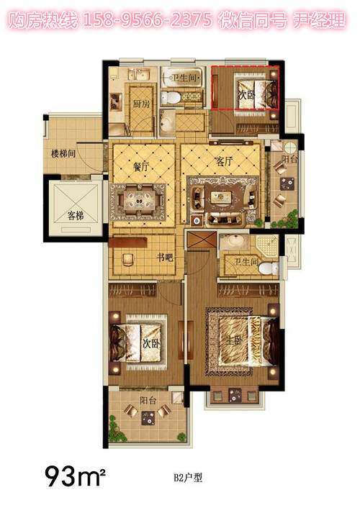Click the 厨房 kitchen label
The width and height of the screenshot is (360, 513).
click(x=141, y=104)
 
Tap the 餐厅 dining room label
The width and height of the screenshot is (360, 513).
click(x=141, y=167)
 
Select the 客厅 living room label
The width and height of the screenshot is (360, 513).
click(x=224, y=161)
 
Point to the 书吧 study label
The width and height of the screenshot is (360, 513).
click(x=165, y=258)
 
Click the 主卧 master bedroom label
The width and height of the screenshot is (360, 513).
click(x=234, y=340)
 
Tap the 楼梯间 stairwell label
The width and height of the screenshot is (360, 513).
click(x=63, y=153)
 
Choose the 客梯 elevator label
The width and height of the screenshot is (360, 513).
click(x=76, y=215)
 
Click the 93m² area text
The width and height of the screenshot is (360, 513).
click(x=75, y=476)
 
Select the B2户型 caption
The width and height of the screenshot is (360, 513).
click(x=188, y=478)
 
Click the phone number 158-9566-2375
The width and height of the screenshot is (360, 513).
click(x=148, y=20)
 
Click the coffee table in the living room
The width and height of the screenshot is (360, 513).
click(x=221, y=197)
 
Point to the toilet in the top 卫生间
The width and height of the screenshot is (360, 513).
click(x=170, y=98)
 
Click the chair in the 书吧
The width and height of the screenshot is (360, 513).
click(x=128, y=260)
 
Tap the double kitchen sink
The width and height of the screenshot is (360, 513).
click(x=138, y=75)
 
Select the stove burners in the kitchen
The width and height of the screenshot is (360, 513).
click(x=115, y=101)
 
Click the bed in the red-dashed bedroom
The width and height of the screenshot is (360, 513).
click(x=256, y=91)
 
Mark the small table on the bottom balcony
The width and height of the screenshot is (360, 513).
click(x=148, y=418)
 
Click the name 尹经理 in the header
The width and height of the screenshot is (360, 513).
click(x=318, y=20)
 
